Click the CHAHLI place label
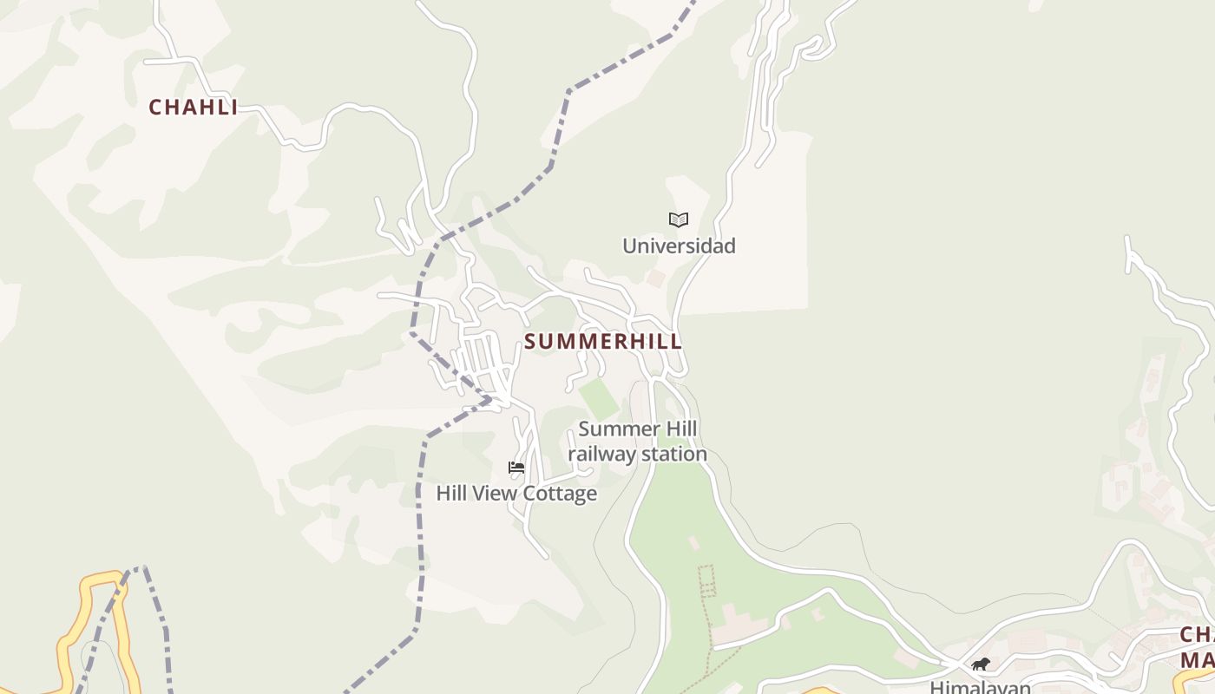pos(193,108)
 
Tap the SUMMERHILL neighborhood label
pos(603,342)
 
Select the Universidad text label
pos(679,246)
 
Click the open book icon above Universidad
pos(679,220)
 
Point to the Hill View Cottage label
pos(516,494)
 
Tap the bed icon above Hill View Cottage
pos(516,468)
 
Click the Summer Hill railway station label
pos(638,442)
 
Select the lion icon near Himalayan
pos(981,665)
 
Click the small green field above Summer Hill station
pos(599,398)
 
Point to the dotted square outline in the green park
pos(706,579)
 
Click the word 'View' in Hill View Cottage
pos(497,494)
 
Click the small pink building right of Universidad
pos(656,278)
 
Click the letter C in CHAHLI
pos(156,108)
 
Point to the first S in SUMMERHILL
pos(530,342)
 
